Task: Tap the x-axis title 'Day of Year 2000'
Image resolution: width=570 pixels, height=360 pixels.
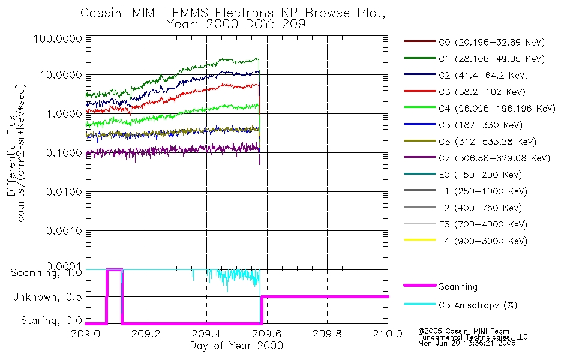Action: [x=236, y=346]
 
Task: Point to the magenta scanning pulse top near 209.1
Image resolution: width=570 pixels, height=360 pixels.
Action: [x=114, y=271]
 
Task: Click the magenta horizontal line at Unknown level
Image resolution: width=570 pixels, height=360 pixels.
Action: [x=324, y=296]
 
